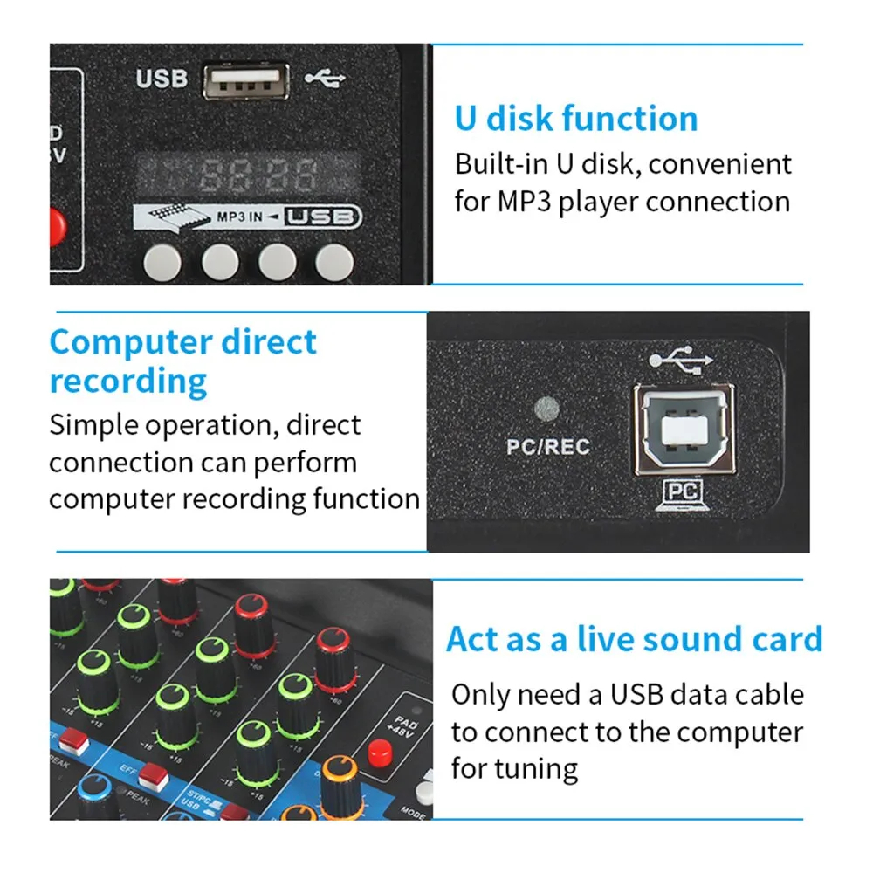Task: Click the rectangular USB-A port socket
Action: [x=247, y=81]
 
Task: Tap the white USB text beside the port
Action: [x=162, y=79]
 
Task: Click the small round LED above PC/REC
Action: [x=546, y=409]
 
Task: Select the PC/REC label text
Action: [x=548, y=447]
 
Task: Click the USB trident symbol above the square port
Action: [x=682, y=360]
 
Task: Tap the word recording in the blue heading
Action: [x=128, y=382]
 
